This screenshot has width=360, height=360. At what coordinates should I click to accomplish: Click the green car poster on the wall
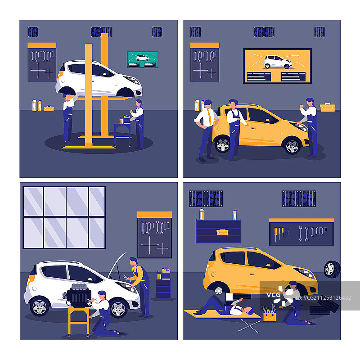(143, 60)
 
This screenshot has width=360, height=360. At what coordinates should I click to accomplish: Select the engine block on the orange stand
(77, 296)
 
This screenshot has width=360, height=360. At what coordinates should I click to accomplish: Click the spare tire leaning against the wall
(332, 269)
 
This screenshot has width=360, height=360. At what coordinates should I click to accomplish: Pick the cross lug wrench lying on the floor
(249, 325)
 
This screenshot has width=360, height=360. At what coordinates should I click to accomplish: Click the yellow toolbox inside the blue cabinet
(222, 232)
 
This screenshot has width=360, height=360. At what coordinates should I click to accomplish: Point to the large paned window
(64, 217)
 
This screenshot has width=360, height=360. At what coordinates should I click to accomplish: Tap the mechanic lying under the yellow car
(224, 306)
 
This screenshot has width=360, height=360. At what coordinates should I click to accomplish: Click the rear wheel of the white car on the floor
(40, 306)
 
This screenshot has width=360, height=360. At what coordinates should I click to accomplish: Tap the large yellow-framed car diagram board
(277, 66)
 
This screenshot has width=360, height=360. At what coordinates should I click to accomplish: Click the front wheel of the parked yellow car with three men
(292, 146)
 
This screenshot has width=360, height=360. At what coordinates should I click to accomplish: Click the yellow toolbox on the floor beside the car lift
(49, 108)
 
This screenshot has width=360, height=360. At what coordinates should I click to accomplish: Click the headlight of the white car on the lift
(132, 80)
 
